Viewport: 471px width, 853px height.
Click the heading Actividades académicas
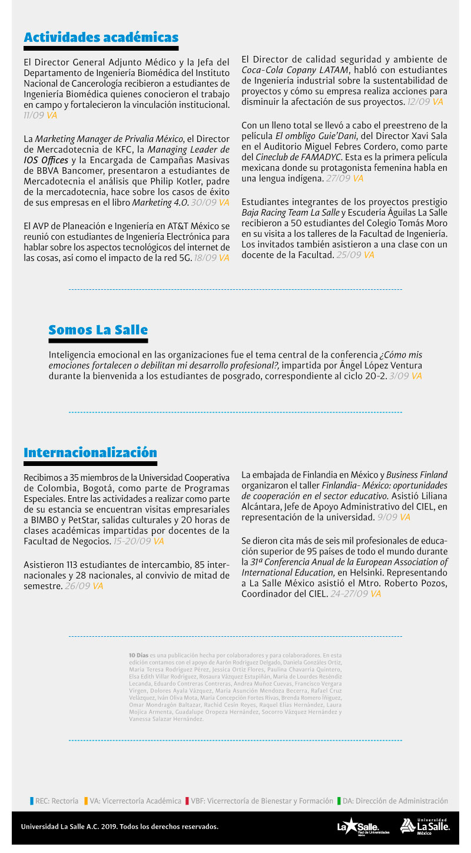pos(101,38)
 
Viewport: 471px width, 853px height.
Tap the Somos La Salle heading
pos(98,329)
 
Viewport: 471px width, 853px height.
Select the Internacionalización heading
pos(90,452)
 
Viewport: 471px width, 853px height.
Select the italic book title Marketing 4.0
pos(160,203)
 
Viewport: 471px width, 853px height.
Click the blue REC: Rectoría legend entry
pos(55,801)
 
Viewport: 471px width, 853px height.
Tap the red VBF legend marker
pos(187,801)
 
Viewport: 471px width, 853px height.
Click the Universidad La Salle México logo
pos(425,826)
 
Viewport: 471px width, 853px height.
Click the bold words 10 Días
pos(139,655)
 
